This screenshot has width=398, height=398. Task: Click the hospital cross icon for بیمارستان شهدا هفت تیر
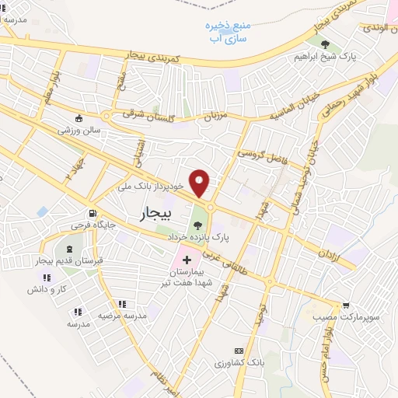(x=187, y=260)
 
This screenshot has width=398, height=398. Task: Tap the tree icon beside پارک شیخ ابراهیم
(x=325, y=44)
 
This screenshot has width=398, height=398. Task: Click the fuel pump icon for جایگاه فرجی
(x=93, y=214)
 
